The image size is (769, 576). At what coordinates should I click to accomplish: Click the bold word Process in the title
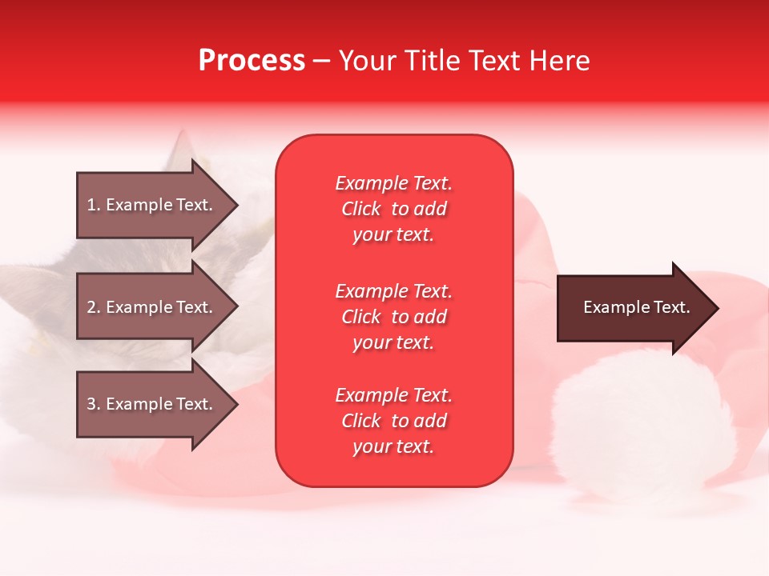252,61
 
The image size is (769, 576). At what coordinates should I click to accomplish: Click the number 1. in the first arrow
94,205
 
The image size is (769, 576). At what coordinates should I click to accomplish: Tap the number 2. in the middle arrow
94,307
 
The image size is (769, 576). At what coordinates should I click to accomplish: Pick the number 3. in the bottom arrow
94,404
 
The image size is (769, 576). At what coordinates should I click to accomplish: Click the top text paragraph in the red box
393,209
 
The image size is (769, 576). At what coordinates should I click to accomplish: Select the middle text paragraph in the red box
393,317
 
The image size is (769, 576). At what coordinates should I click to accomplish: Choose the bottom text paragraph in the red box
393,421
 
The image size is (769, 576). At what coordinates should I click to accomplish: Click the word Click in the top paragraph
361,210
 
